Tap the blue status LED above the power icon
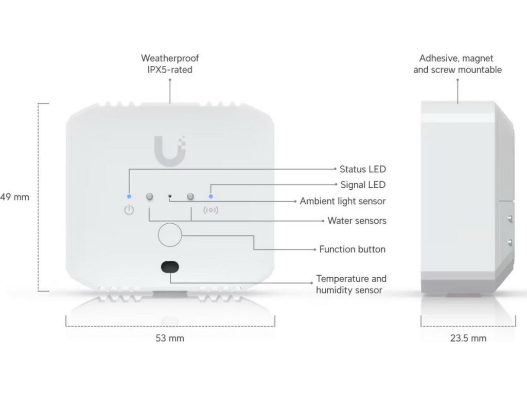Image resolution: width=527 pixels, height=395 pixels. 129,196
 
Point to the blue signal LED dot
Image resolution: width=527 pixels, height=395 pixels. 210,196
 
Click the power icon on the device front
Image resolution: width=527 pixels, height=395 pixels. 129,210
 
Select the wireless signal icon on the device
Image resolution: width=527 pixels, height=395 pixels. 211,210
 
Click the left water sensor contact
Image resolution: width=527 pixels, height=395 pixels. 150,196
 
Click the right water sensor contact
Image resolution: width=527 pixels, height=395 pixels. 190,196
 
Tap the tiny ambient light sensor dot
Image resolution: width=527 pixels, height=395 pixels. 170,196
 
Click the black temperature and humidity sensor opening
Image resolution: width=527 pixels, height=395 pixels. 170,266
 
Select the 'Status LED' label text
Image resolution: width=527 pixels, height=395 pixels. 362,169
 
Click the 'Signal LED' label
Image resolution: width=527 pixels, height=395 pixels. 363,185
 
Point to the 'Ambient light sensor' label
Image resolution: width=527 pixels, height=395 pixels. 343,201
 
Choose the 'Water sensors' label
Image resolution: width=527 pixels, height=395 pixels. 357,221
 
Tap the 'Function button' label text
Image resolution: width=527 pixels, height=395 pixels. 352,249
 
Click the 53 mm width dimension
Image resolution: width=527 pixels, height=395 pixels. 170,338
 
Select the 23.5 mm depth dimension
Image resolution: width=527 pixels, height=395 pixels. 467,338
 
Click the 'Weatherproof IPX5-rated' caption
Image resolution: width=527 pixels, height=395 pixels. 170,64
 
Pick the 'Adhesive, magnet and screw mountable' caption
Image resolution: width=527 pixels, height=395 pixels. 458,64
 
